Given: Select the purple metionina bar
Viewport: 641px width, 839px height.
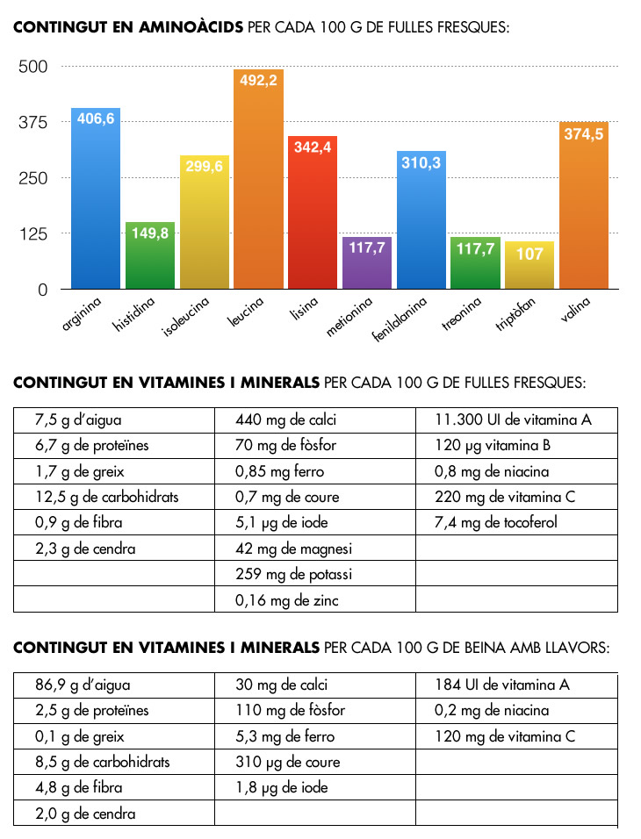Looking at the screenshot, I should [368, 263].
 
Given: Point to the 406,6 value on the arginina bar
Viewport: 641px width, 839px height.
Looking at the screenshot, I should [96, 118].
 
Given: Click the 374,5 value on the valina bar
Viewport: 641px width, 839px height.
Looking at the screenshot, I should [584, 134].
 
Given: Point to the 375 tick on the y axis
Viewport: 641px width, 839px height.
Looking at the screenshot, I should [36, 123].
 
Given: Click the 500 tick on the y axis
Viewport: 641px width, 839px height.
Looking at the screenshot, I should [36, 67].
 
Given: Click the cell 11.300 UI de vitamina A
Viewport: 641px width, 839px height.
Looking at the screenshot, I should [513, 419].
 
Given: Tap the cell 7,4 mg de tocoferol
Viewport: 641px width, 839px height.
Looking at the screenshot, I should [495, 523].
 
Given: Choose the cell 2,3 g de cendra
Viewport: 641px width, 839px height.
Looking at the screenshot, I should [85, 549].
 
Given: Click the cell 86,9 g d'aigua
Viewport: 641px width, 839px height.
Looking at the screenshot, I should [83, 685].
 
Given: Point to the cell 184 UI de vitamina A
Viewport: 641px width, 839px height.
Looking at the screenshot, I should [502, 685].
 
